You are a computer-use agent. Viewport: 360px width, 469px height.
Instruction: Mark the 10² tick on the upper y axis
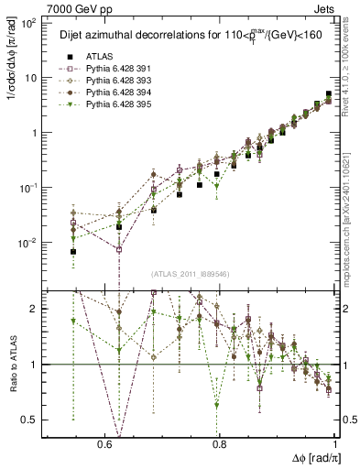coord(29,23)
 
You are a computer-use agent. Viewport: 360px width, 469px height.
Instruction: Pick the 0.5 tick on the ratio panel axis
coord(30,420)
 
